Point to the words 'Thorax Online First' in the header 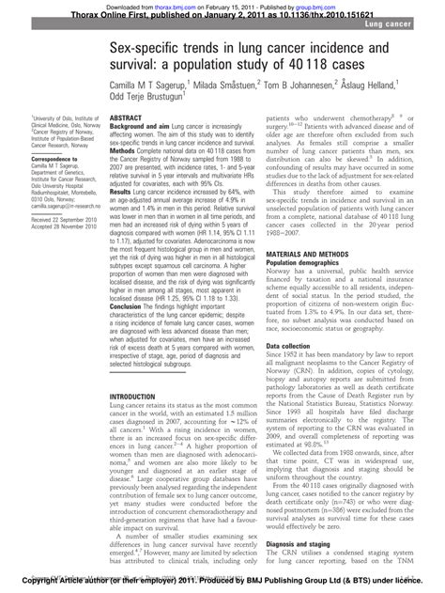click(70, 13)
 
